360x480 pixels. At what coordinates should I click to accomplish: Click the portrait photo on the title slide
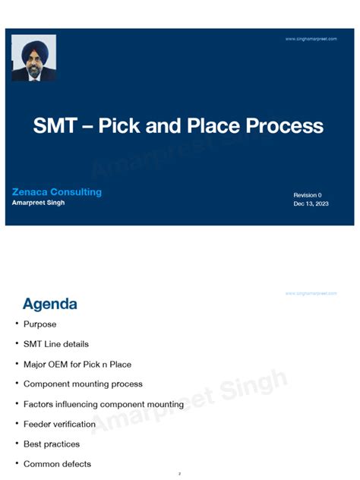33,58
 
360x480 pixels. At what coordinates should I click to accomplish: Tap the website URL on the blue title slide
311,39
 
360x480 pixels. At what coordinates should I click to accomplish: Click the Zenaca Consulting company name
57,192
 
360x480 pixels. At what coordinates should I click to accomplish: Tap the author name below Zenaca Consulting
38,203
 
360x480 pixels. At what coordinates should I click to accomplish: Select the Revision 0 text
308,195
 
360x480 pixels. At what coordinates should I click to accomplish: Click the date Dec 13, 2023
311,204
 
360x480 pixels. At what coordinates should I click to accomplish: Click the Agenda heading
49,305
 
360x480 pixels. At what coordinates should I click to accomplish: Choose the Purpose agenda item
39,324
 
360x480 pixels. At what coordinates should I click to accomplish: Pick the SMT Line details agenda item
55,344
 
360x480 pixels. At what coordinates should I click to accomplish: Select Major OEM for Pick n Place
77,365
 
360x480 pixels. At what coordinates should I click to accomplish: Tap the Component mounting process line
83,384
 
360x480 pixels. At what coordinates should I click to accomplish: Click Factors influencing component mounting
103,404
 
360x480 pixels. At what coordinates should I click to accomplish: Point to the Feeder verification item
59,424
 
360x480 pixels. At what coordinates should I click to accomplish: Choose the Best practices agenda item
52,444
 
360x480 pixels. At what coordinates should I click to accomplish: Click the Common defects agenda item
57,464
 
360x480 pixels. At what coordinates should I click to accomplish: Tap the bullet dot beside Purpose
17,324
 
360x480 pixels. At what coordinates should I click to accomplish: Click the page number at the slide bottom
179,474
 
